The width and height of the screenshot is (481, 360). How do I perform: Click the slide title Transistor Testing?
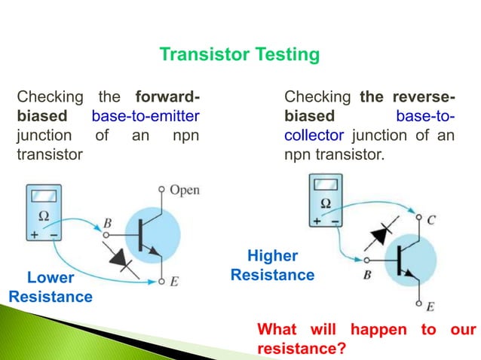[x=240, y=55]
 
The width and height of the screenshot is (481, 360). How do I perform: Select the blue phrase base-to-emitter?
[x=150, y=117]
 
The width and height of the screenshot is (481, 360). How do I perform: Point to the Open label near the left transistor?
[x=185, y=190]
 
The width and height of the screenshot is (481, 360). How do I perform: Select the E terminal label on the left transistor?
[x=175, y=282]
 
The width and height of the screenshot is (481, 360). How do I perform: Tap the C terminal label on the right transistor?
[x=431, y=220]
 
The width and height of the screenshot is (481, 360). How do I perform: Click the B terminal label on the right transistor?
[x=367, y=275]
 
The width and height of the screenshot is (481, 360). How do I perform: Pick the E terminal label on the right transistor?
[x=430, y=307]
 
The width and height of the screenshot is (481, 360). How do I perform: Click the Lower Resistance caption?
[x=51, y=288]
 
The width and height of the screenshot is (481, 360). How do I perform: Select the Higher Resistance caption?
[x=272, y=266]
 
